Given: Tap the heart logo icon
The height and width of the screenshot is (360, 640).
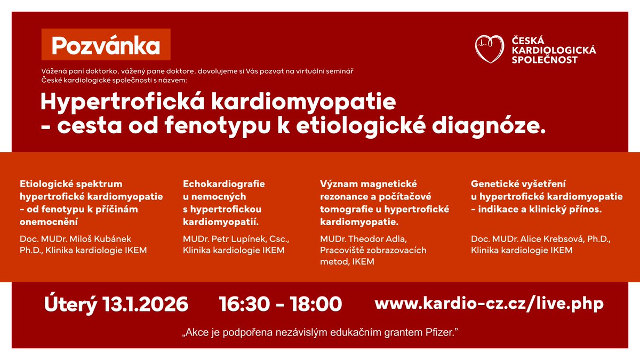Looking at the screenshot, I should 489,49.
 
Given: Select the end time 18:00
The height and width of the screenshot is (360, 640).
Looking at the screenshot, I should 316,304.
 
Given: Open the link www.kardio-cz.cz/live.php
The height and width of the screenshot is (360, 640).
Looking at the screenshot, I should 489,303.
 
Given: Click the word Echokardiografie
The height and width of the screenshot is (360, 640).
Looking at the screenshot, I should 224,184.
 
